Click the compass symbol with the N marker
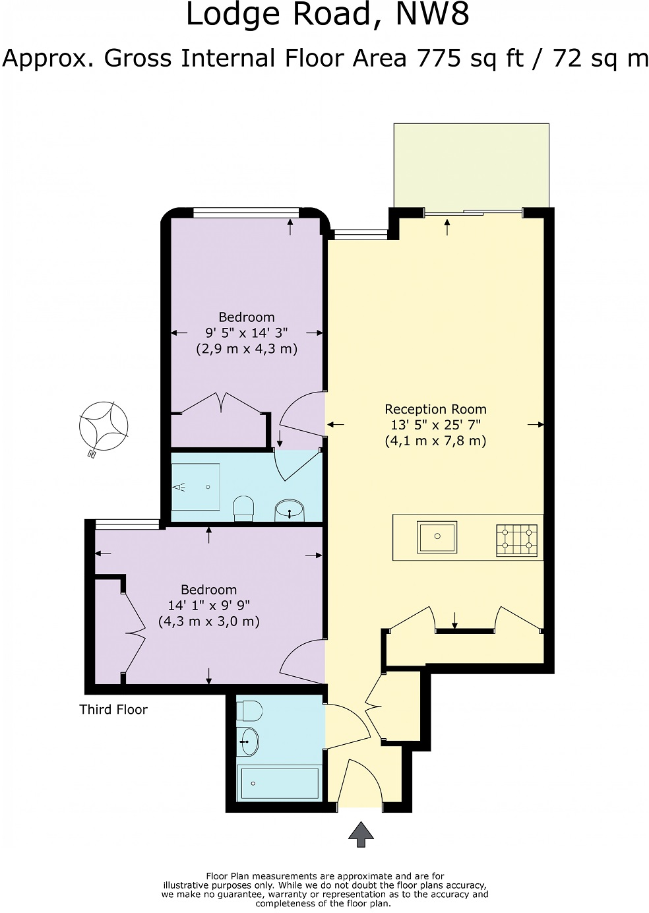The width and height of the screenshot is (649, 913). (104, 425)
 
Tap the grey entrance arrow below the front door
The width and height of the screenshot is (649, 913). (361, 834)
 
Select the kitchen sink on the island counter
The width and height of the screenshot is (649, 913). (437, 537)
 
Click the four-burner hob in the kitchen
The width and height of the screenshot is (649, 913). (516, 539)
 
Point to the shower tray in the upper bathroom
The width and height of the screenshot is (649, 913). (195, 487)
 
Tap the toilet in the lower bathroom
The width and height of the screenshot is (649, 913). (250, 711)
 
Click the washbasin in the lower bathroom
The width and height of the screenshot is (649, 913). (249, 741)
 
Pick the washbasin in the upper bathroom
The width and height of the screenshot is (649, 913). (289, 509)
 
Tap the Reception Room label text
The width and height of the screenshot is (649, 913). (435, 409)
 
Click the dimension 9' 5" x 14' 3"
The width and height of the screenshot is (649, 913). (246, 332)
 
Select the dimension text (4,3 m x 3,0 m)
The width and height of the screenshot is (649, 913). (208, 621)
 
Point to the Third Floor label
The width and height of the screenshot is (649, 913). (113, 710)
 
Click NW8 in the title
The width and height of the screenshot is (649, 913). (432, 15)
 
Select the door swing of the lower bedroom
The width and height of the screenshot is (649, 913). (301, 660)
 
